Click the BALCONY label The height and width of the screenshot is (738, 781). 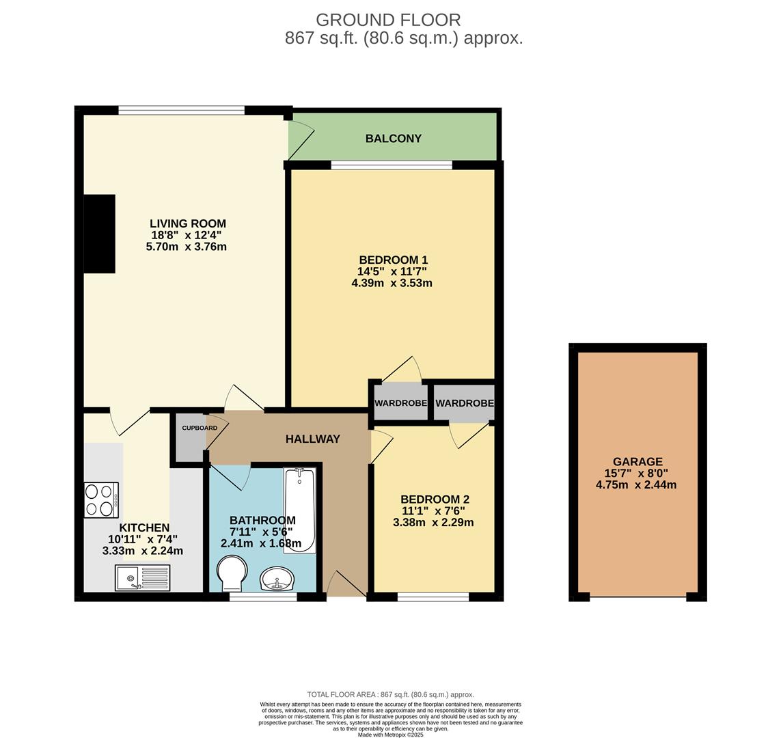point(394,139)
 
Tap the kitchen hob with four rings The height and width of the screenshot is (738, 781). point(101,500)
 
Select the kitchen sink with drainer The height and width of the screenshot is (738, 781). point(142,577)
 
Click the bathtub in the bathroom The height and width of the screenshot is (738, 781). point(299,510)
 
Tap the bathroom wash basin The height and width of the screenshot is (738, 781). point(277,579)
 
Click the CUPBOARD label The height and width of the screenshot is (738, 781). point(200,428)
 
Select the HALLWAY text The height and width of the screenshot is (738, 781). point(313,439)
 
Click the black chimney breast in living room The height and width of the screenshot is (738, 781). point(100,234)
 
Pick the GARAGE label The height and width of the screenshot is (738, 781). point(638,462)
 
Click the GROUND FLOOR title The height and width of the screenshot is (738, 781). point(388,20)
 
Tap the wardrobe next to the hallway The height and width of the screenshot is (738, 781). point(400,402)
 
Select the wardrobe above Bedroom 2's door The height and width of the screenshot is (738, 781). point(464,402)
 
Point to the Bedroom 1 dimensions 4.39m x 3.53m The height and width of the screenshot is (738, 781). point(392,284)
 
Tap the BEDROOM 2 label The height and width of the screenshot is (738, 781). point(435,500)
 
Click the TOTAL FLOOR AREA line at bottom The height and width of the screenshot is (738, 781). point(391,695)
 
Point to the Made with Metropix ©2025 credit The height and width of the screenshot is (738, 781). point(391,735)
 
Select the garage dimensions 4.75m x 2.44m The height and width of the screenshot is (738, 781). point(636,484)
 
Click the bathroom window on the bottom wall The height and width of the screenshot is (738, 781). point(263,596)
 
